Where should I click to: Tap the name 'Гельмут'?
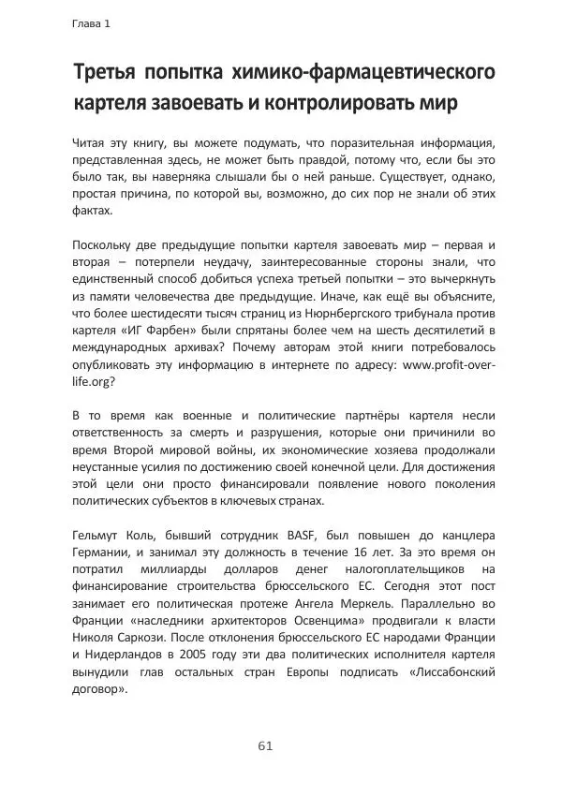click(98, 536)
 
